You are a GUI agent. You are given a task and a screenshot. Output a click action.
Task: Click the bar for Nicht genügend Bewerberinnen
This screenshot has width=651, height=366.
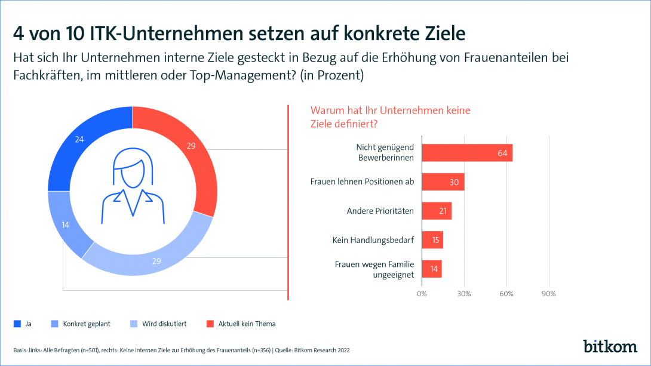(x=467, y=153)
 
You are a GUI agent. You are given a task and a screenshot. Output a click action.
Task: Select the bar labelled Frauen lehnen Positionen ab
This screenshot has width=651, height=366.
(x=443, y=182)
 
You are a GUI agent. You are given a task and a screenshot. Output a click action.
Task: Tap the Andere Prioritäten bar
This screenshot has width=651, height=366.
(x=437, y=211)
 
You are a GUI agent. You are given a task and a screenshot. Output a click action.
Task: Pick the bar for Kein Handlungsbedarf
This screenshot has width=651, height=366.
(x=432, y=240)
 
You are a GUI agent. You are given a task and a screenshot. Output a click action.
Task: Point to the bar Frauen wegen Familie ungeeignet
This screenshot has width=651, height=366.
(x=432, y=269)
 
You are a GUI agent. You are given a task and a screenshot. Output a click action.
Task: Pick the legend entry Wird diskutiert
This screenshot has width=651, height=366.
(x=158, y=324)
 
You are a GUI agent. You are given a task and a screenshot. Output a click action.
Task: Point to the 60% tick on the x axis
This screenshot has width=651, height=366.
(x=506, y=294)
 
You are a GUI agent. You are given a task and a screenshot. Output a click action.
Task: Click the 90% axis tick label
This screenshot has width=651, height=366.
(x=548, y=294)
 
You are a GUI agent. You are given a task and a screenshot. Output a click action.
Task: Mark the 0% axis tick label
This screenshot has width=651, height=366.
(x=422, y=294)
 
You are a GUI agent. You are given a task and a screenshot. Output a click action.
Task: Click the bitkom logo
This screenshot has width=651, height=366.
(x=609, y=346)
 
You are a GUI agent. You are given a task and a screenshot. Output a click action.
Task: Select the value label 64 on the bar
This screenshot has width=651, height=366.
(x=502, y=153)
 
